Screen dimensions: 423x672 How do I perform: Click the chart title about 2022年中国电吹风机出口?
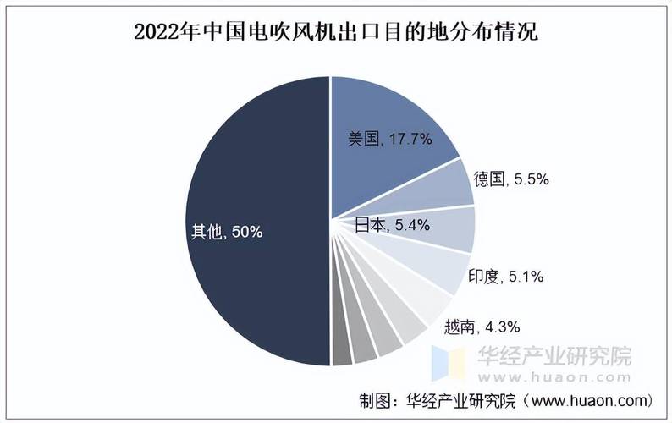[337, 32]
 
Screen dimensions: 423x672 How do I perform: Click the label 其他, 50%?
[228, 231]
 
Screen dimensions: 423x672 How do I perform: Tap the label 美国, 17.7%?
[390, 139]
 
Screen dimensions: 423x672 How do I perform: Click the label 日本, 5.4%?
[391, 225]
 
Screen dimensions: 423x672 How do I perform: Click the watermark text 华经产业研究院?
[555, 357]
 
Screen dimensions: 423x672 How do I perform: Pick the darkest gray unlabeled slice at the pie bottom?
[342, 352]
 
